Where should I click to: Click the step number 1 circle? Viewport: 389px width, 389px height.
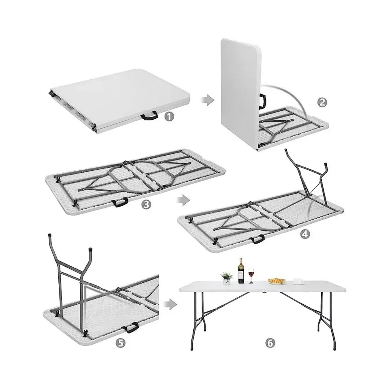(x=169, y=116)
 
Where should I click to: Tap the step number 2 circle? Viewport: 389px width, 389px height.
(x=322, y=102)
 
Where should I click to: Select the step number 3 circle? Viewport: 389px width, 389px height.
(x=146, y=205)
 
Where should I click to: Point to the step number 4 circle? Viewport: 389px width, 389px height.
(x=305, y=234)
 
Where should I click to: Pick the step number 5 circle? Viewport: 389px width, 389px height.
(x=121, y=343)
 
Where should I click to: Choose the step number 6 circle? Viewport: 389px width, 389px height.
(x=270, y=343)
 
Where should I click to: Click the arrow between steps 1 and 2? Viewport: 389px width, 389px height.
(x=207, y=100)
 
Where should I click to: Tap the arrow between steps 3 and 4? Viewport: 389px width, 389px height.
(x=182, y=200)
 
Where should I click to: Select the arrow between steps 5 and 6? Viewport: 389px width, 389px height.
(x=170, y=304)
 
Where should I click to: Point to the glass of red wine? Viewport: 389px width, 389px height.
(x=251, y=275)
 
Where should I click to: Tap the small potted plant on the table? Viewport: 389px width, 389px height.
(x=227, y=278)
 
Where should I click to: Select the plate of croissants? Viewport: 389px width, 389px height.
(x=277, y=281)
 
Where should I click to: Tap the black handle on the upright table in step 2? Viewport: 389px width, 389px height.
(x=261, y=101)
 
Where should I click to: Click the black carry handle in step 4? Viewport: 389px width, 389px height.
(x=257, y=239)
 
